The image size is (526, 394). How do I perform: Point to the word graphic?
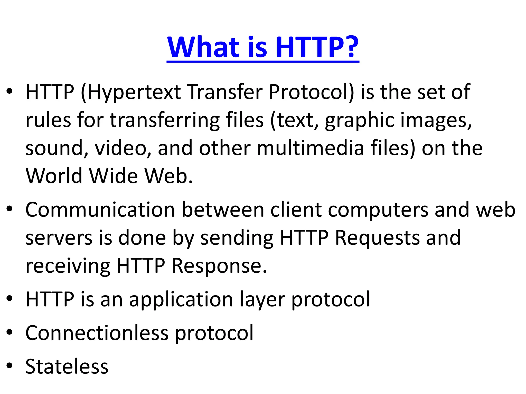pos(360,121)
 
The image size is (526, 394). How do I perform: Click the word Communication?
pos(100,210)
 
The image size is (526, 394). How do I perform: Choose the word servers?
pos(59,238)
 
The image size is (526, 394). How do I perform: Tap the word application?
pos(181,300)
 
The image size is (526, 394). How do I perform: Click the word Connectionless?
pos(97,333)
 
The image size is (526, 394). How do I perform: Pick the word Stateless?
pos(67,366)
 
